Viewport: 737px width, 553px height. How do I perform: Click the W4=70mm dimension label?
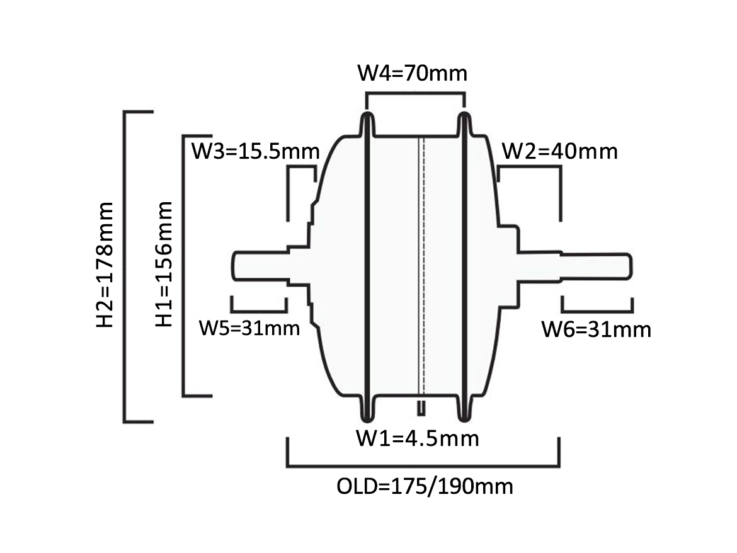tap(412, 73)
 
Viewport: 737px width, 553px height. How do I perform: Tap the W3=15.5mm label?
tap(256, 151)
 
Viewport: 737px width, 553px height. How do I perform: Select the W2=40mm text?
tap(560, 151)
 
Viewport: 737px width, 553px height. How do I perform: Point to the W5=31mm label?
tap(249, 328)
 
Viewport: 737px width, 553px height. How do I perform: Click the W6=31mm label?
tap(597, 329)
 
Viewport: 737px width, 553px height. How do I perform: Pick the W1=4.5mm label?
tap(418, 438)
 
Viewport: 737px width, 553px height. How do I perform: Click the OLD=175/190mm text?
tap(425, 486)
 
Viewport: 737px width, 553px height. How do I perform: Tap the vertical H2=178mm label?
tap(105, 265)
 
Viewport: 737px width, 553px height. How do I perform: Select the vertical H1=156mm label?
tap(164, 264)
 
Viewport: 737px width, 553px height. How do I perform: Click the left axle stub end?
tap(234, 266)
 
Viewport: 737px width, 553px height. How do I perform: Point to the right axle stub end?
tap(630, 266)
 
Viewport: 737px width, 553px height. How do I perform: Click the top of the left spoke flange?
tap(368, 114)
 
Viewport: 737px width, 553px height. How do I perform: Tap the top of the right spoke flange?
tap(464, 114)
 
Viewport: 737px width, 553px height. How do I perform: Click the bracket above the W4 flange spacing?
tap(416, 94)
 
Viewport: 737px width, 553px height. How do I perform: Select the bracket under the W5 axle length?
tap(258, 311)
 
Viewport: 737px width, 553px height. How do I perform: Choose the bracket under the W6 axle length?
tap(597, 311)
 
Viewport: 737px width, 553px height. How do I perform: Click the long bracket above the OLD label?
tap(423, 466)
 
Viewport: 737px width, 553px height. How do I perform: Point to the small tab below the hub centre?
tap(421, 408)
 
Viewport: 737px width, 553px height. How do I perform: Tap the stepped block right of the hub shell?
tap(508, 267)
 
